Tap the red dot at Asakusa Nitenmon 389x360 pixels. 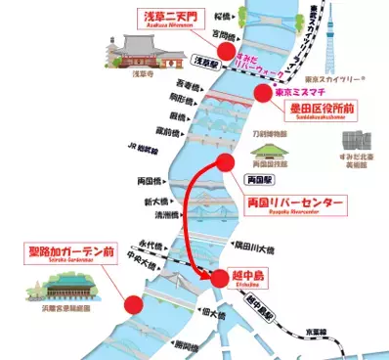[x=227, y=52]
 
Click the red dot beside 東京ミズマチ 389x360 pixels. [x=262, y=93]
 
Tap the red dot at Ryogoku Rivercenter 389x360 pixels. [x=226, y=162]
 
